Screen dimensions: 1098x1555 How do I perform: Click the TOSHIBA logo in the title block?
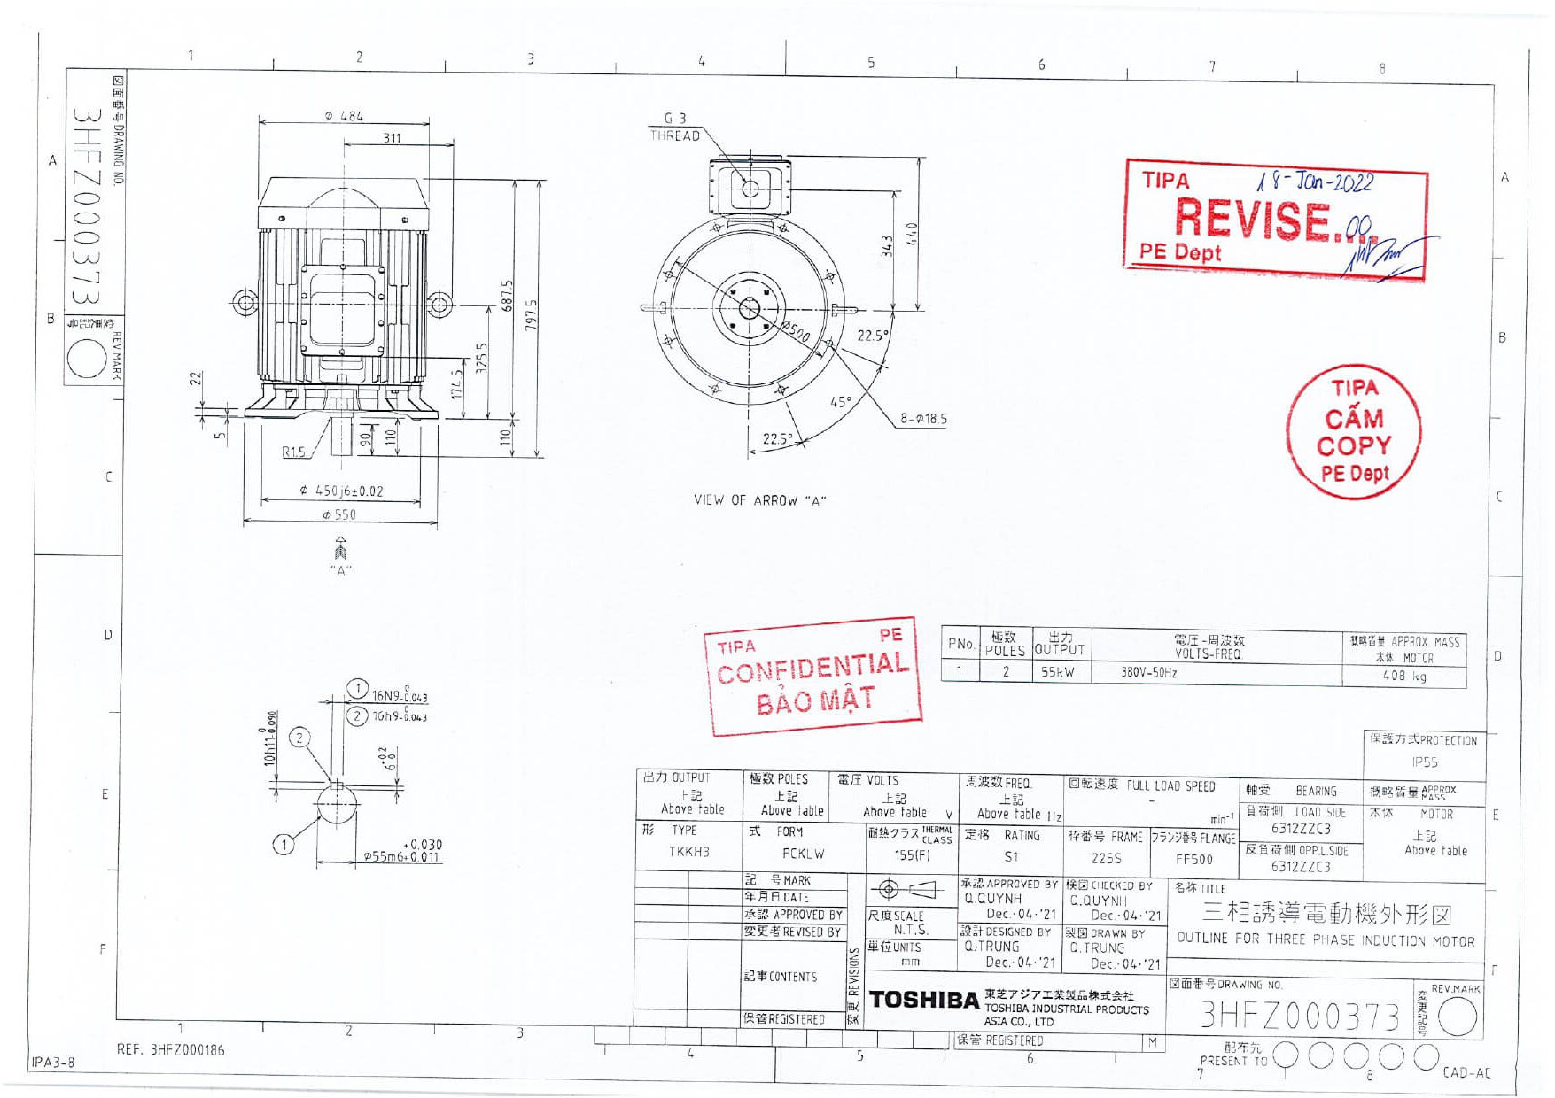[x=923, y=1000]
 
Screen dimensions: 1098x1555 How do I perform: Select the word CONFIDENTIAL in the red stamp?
[x=812, y=668]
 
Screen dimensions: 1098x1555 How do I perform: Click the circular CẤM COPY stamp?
[x=1353, y=432]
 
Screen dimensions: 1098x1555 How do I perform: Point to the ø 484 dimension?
[x=344, y=116]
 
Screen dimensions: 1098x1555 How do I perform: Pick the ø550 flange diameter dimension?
[x=339, y=514]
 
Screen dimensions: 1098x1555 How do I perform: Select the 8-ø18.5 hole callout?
[x=923, y=418]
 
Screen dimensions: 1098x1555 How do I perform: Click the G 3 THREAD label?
[x=675, y=127]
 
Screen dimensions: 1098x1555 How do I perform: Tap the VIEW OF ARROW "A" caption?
[x=759, y=500]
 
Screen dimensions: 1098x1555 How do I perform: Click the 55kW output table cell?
[x=1058, y=673]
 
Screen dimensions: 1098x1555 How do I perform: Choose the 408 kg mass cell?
[x=1404, y=677]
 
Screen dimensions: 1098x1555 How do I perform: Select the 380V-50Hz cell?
[x=1148, y=673]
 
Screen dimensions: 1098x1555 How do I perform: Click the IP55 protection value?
[x=1424, y=762]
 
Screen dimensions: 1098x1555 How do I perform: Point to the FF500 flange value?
[x=1193, y=860]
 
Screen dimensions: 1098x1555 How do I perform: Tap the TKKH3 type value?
[x=688, y=852]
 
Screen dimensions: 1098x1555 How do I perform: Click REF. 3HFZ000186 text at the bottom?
[x=170, y=1050]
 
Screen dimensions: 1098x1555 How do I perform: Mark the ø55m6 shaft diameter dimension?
[x=400, y=857]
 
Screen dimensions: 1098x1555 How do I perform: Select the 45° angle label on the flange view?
[x=840, y=402]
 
